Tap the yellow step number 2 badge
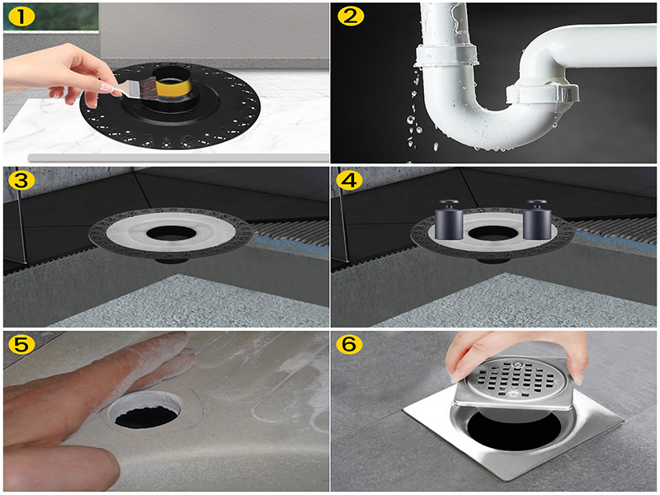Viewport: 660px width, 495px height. tap(349, 16)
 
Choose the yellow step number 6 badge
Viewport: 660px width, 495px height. tap(349, 345)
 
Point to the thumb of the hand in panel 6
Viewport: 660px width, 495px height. tap(462, 363)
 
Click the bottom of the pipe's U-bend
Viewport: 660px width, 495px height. tap(474, 132)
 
